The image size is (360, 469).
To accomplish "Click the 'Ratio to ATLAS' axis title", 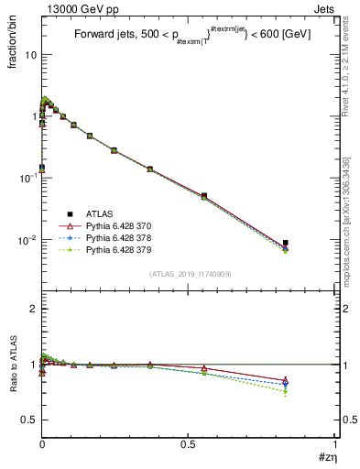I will (x=13, y=391).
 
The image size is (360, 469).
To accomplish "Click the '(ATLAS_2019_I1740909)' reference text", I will (x=190, y=274).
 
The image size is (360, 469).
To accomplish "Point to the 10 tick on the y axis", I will (x=30, y=54).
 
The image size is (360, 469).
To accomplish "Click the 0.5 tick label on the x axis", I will (x=189, y=442).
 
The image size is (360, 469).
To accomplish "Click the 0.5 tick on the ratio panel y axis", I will (x=30, y=420).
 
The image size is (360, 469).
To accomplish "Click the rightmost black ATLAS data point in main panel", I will (x=286, y=243).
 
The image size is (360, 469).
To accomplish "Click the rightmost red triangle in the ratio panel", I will (x=286, y=381).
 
